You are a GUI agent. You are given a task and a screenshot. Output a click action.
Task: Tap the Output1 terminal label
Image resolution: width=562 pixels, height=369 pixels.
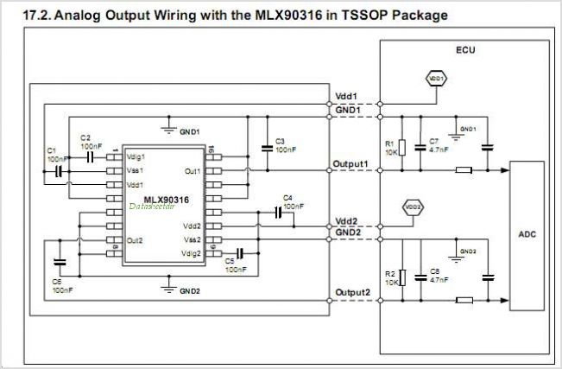tap(351, 164)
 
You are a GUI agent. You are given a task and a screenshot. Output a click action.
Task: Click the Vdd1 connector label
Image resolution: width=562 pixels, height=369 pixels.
tap(345, 96)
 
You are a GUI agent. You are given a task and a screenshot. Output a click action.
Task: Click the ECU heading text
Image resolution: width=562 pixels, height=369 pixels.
tap(466, 50)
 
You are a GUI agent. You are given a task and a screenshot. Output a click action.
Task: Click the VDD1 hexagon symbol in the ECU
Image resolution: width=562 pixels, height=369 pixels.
tap(436, 79)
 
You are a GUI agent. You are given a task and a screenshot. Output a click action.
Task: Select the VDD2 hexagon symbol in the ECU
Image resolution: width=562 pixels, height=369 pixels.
tap(412, 207)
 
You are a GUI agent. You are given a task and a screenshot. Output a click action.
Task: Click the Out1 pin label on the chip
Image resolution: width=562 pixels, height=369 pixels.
tap(192, 170)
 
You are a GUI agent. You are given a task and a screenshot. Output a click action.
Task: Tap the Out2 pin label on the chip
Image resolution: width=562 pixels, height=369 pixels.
tap(134, 239)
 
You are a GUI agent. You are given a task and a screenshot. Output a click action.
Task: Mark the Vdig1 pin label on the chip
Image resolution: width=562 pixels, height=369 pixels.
tap(136, 156)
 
